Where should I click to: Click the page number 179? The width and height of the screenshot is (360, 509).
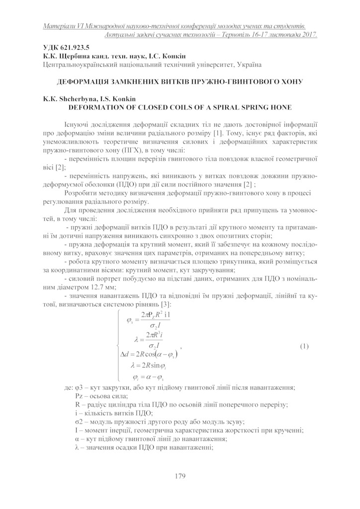pos(180,476)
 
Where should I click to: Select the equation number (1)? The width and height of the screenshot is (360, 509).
pos(304,345)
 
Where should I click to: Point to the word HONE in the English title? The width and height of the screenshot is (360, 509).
pos(281,106)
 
